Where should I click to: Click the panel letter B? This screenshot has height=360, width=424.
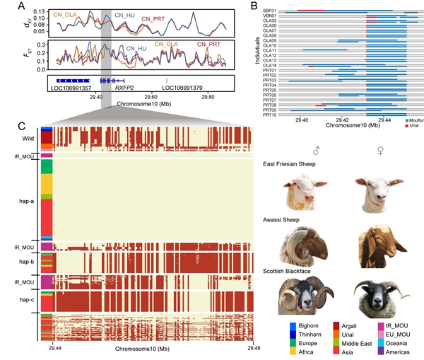click(253, 6)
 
